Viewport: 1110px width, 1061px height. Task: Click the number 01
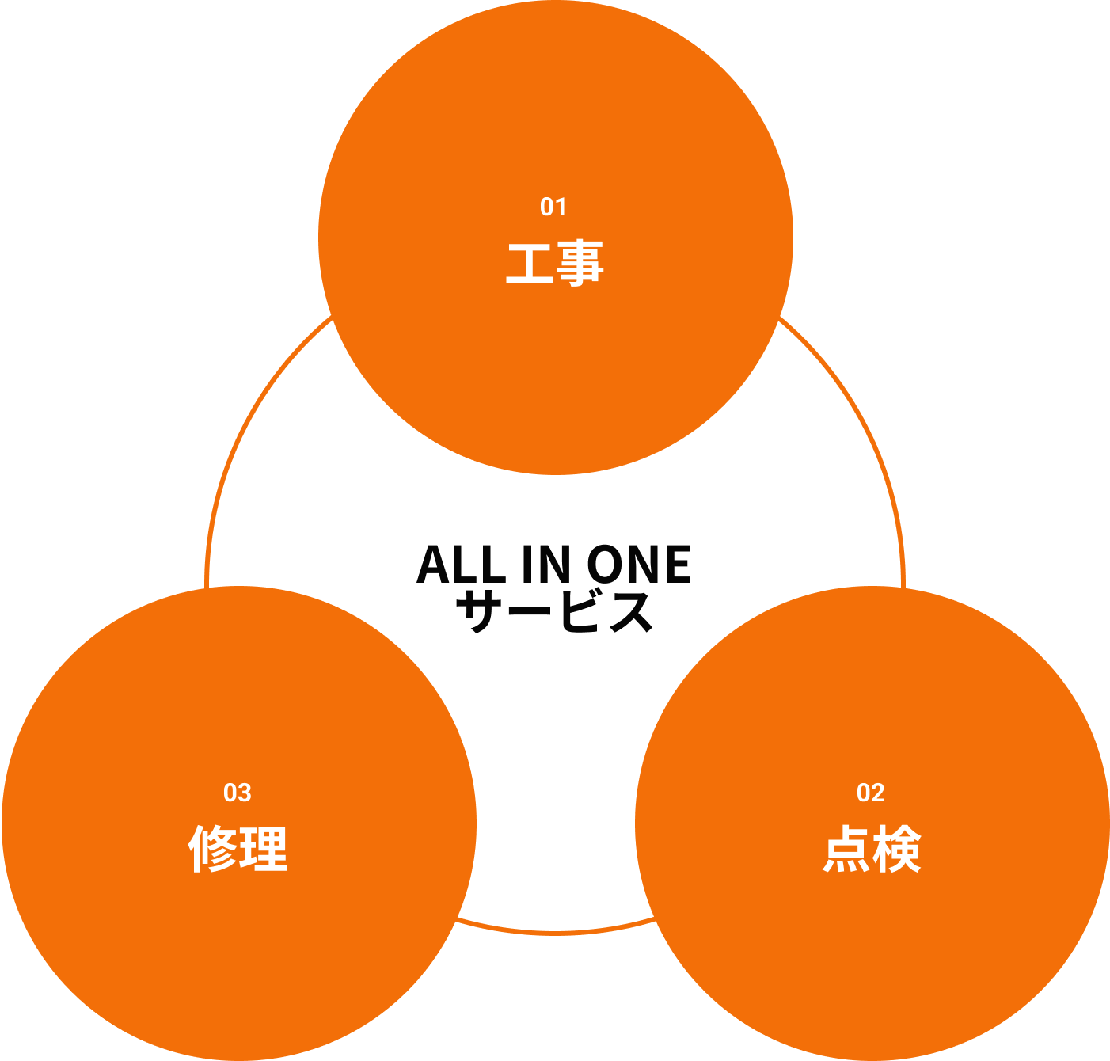(553, 207)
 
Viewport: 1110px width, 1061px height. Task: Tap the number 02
(870, 793)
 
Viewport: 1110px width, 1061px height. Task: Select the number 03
(237, 793)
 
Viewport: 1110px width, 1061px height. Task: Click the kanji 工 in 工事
(530, 264)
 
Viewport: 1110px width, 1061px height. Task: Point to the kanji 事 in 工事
(580, 264)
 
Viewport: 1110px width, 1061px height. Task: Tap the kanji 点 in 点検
(846, 850)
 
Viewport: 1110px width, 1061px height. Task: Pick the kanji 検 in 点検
(897, 850)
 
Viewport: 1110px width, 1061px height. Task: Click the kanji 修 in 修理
(213, 850)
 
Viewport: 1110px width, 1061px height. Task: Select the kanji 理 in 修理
(264, 850)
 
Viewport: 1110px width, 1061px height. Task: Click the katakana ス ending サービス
(631, 611)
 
